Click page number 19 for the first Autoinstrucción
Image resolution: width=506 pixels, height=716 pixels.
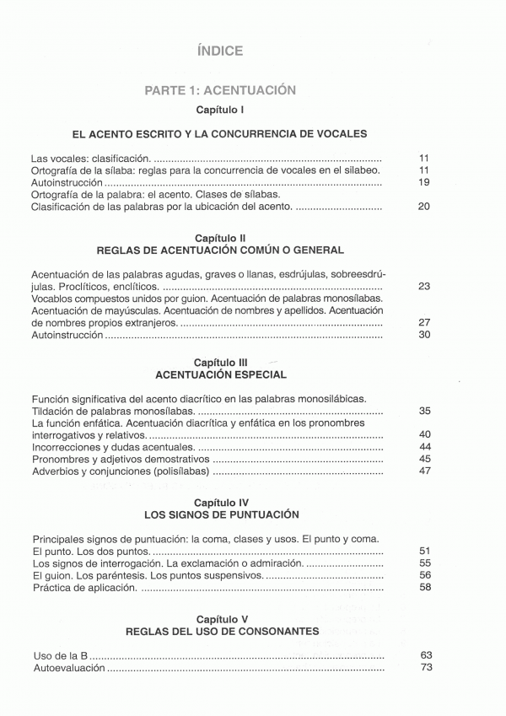point(424,182)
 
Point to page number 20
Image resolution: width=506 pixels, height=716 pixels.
point(424,207)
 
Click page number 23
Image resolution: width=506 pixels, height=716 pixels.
point(424,287)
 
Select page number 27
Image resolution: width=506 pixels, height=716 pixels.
point(424,322)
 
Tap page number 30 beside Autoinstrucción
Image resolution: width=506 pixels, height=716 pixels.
point(424,335)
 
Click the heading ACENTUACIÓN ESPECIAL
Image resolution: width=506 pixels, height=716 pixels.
point(221,374)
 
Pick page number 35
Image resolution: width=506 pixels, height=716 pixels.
point(424,411)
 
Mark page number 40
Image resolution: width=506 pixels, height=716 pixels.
point(424,434)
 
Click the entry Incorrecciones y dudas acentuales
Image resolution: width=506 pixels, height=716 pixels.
point(113,447)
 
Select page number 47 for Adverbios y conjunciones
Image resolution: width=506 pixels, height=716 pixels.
point(424,471)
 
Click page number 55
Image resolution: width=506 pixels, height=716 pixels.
point(424,563)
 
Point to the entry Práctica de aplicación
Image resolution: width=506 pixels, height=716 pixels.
point(84,588)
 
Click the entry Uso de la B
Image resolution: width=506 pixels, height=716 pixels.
point(60,654)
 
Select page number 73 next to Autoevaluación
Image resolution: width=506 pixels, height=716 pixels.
point(425,667)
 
